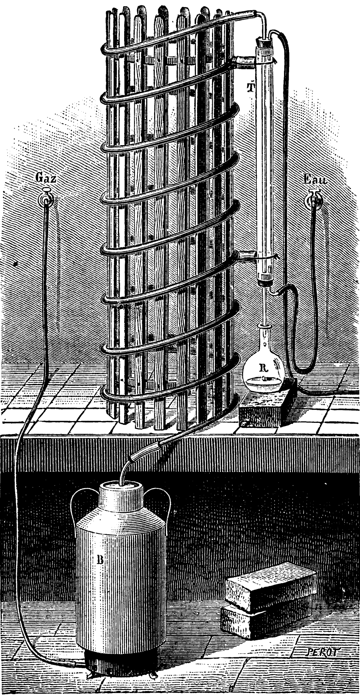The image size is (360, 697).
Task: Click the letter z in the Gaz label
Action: [x=53, y=178]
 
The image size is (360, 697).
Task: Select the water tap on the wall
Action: [x=314, y=197]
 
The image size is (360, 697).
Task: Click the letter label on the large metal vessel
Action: [x=100, y=558]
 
